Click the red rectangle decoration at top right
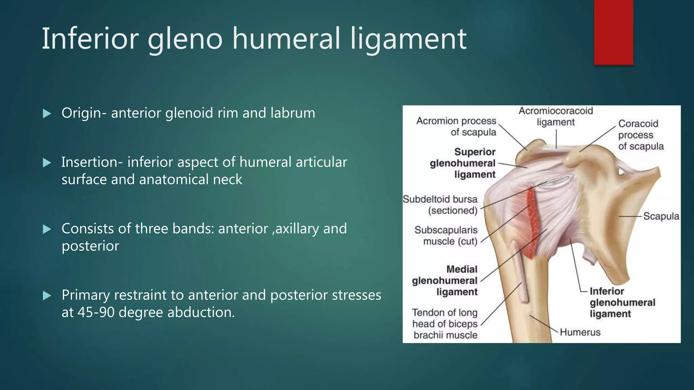(x=613, y=32)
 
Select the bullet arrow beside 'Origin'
(x=47, y=114)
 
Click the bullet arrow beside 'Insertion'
(x=47, y=163)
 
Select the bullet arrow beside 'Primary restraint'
(x=47, y=296)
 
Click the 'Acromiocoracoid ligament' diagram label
(x=556, y=116)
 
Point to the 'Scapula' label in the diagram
(x=661, y=216)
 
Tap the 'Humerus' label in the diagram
(x=580, y=332)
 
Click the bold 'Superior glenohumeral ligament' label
(x=463, y=163)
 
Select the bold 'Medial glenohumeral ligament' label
(x=445, y=281)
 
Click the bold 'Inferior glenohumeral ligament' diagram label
(x=622, y=302)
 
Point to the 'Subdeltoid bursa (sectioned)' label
(x=440, y=205)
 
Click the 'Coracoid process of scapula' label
(x=640, y=135)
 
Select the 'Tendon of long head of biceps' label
(x=445, y=324)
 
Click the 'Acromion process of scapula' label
(x=456, y=126)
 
